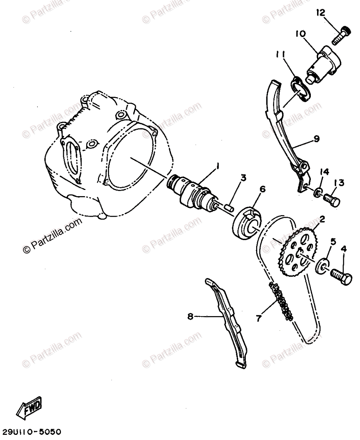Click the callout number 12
click(320, 13)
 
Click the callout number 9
click(316, 139)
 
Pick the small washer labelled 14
click(317, 192)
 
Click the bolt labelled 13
click(332, 200)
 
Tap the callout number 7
click(259, 318)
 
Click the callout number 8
click(190, 316)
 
